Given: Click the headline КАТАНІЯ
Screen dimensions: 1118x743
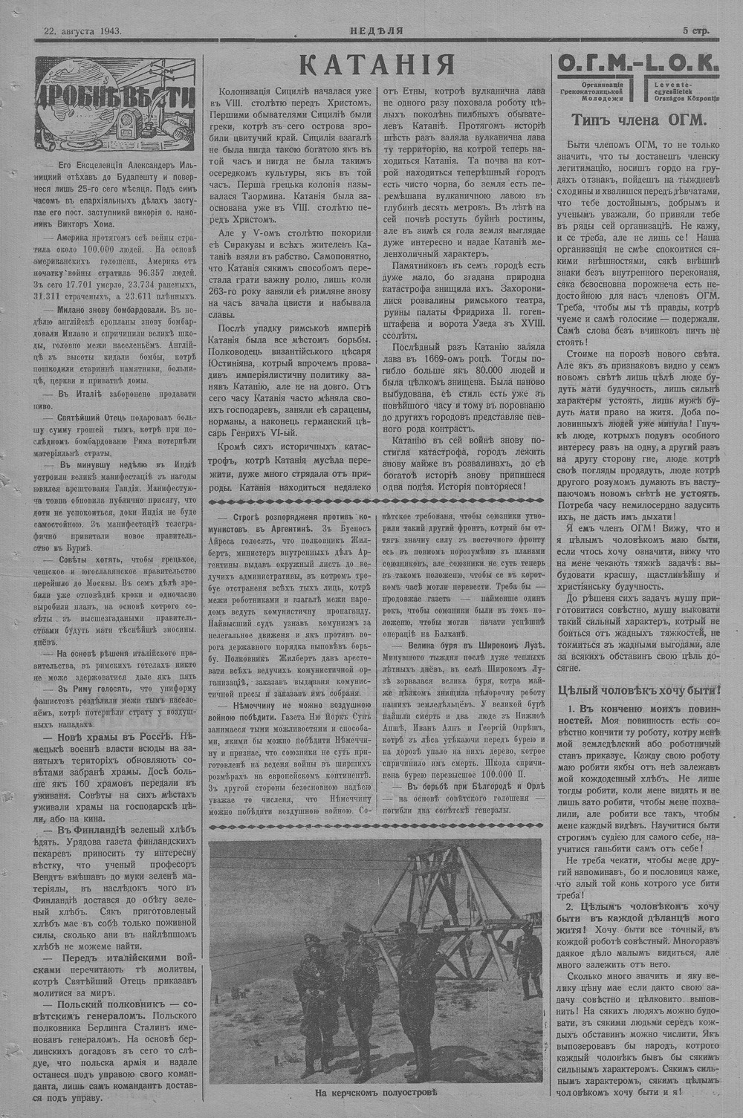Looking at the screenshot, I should [x=377, y=66].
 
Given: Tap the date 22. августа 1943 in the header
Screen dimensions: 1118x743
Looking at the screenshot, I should [x=82, y=31].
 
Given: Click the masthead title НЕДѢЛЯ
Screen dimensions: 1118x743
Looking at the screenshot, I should [x=377, y=31].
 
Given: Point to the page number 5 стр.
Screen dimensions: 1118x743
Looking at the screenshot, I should [x=696, y=31].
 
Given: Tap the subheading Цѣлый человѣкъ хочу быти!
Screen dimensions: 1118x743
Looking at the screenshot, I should [x=637, y=689].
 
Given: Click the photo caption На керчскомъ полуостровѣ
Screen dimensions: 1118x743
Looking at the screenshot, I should [x=377, y=1093].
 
